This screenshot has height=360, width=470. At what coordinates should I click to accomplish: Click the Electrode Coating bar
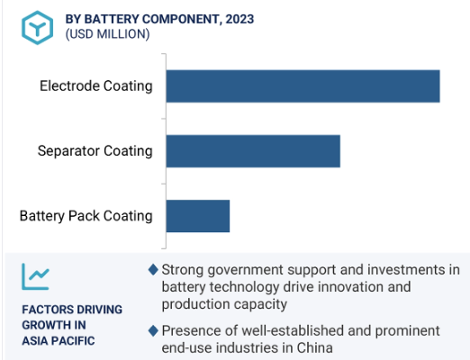click(303, 86)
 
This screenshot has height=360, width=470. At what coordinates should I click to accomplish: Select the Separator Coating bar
click(253, 151)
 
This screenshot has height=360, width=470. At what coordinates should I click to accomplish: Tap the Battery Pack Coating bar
click(198, 216)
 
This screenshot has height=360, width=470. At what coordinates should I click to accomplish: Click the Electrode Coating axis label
click(96, 86)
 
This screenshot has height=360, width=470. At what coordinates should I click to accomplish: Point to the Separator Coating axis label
click(95, 151)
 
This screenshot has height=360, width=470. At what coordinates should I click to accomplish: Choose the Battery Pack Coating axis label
click(86, 216)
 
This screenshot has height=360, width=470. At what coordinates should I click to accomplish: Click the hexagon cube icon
click(38, 28)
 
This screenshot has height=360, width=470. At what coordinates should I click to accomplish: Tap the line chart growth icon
click(35, 276)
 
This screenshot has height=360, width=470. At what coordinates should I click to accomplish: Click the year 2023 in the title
click(240, 19)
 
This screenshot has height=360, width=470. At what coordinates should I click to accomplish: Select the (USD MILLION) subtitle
click(107, 34)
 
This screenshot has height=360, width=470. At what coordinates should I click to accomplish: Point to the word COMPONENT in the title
click(181, 19)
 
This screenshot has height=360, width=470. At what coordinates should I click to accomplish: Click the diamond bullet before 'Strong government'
click(153, 270)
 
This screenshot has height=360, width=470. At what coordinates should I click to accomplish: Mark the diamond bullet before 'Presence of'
click(153, 331)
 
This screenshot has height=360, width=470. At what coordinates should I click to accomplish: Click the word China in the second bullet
click(314, 348)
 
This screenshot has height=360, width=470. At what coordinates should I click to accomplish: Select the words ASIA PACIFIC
click(59, 341)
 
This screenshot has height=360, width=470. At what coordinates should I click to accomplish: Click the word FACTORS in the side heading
click(43, 310)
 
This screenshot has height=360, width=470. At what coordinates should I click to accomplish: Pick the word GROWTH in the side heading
click(42, 325)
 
